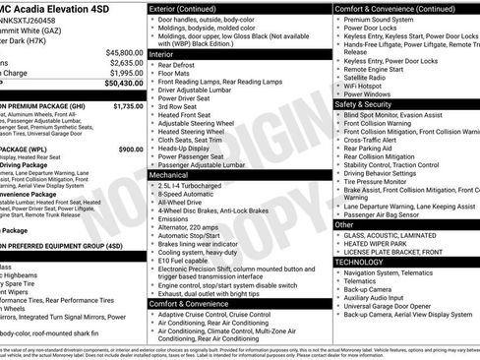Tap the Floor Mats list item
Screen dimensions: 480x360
tap(177, 78)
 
